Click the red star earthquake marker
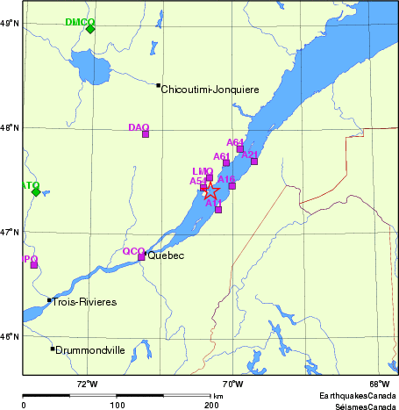click(210, 191)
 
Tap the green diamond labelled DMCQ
click(90, 29)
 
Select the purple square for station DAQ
click(146, 133)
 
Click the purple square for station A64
click(240, 148)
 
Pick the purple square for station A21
click(254, 161)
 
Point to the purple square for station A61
click(226, 162)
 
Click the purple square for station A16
click(232, 185)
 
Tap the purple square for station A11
click(218, 209)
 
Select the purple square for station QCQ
click(141, 256)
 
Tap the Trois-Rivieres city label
click(84, 302)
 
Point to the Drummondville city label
click(90, 350)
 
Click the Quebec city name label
click(167, 256)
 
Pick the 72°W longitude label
click(86, 384)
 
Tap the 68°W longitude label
click(379, 384)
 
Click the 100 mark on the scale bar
click(117, 406)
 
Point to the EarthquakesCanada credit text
click(357, 395)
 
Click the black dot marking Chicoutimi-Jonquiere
click(159, 85)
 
